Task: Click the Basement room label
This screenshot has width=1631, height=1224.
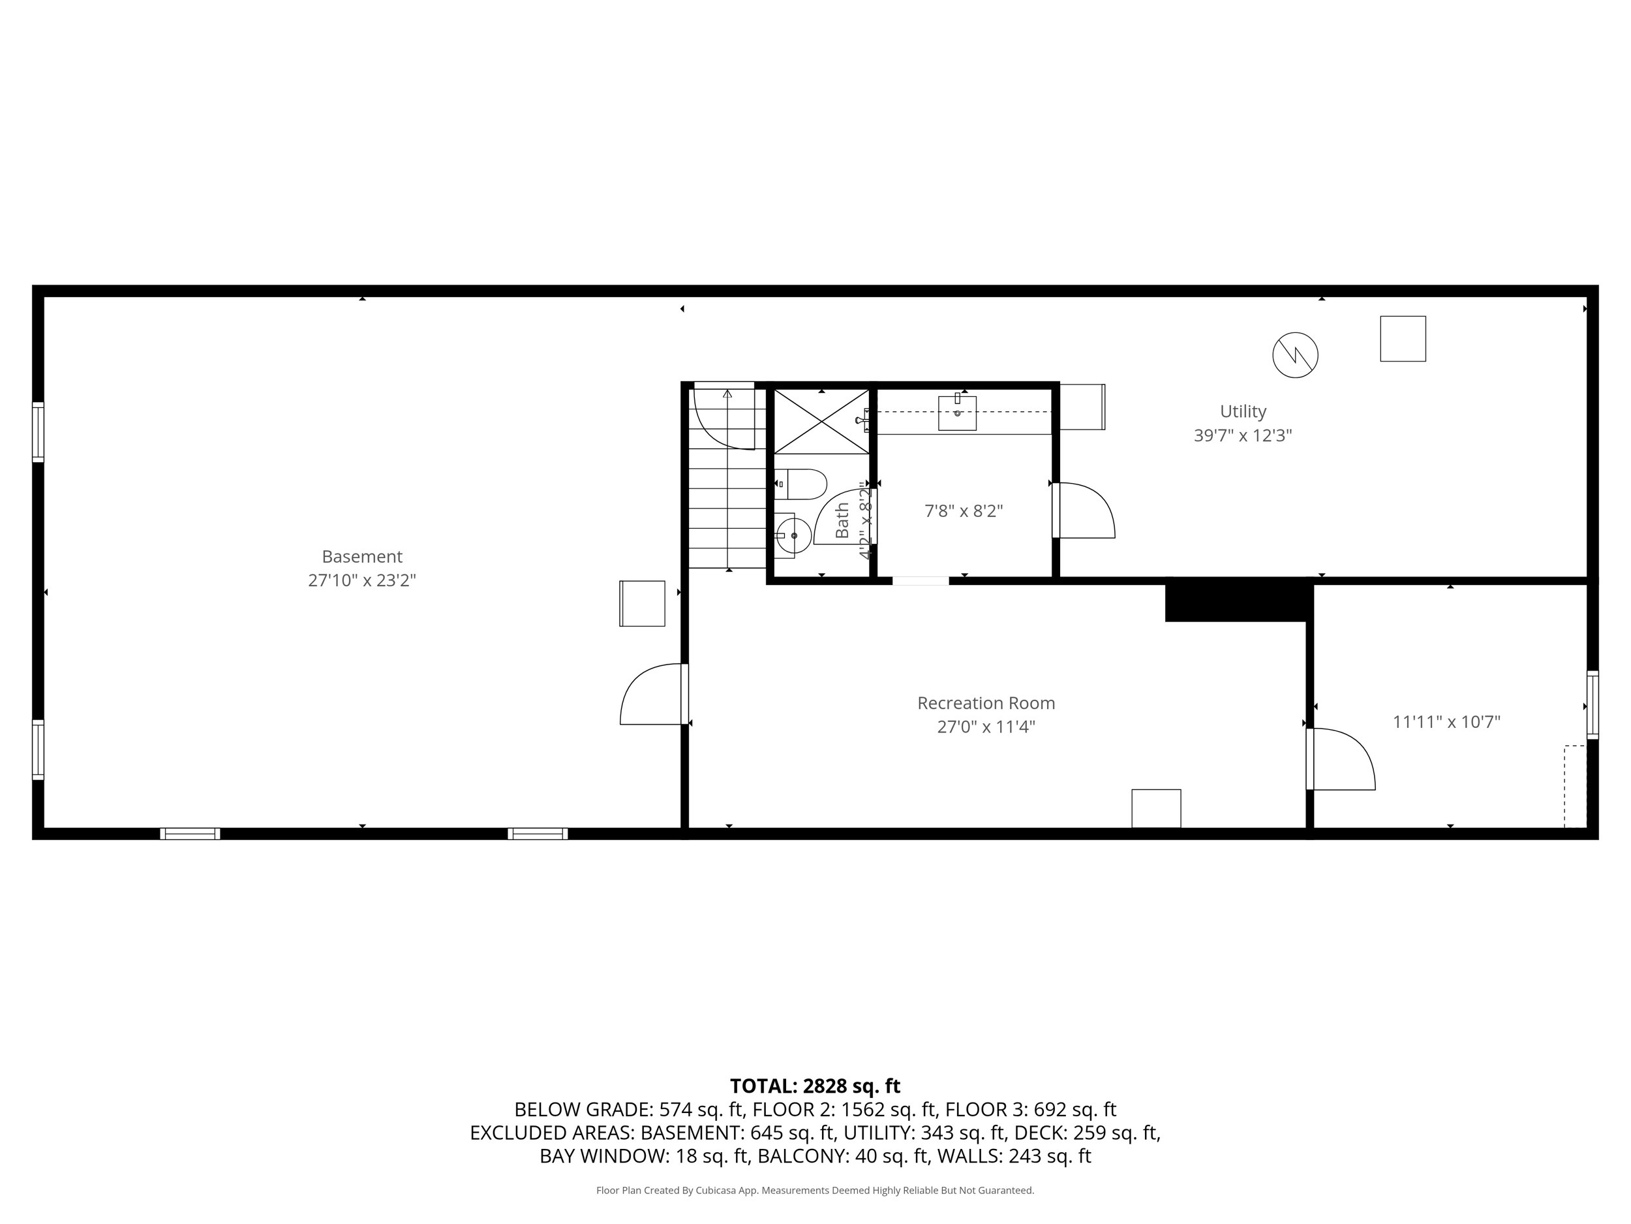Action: (361, 556)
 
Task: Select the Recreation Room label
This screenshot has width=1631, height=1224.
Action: (986, 703)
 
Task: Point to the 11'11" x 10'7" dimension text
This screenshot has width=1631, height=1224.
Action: (1446, 721)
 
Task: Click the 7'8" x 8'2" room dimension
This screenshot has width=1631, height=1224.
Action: (964, 510)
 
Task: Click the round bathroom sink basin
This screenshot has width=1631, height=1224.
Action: (794, 535)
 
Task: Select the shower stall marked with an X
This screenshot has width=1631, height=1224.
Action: (821, 420)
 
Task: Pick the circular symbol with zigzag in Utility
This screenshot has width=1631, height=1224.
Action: (1295, 355)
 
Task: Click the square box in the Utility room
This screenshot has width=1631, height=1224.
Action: (1403, 339)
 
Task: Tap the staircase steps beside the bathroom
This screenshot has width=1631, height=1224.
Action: (728, 509)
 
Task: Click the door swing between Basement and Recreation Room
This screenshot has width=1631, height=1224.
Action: (652, 695)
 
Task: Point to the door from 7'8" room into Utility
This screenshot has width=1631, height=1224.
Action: (1084, 510)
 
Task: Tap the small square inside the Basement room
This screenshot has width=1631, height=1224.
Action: (642, 604)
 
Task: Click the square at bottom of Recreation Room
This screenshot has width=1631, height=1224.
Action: (1155, 809)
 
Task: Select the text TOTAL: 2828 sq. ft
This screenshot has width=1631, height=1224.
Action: (815, 1086)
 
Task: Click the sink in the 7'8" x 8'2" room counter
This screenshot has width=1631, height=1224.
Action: (957, 413)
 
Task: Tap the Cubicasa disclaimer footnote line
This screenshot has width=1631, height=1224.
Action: (815, 1190)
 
